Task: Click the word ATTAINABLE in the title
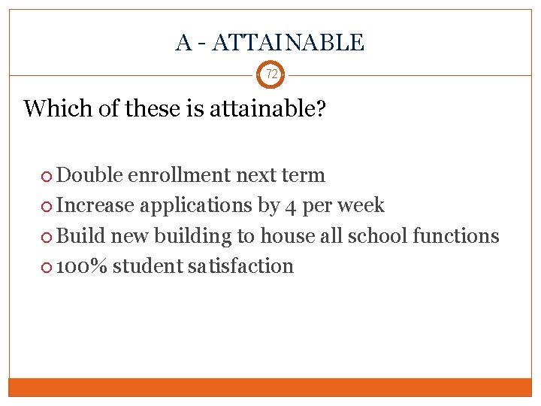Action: (288, 43)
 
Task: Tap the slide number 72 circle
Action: (271, 74)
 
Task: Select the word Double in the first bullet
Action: (90, 175)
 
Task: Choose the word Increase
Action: (95, 205)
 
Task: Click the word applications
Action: (197, 205)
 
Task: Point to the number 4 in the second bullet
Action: (292, 206)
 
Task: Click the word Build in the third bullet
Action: (81, 235)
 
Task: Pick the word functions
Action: (456, 235)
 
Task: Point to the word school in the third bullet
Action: (379, 235)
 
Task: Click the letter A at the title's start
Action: (183, 43)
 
